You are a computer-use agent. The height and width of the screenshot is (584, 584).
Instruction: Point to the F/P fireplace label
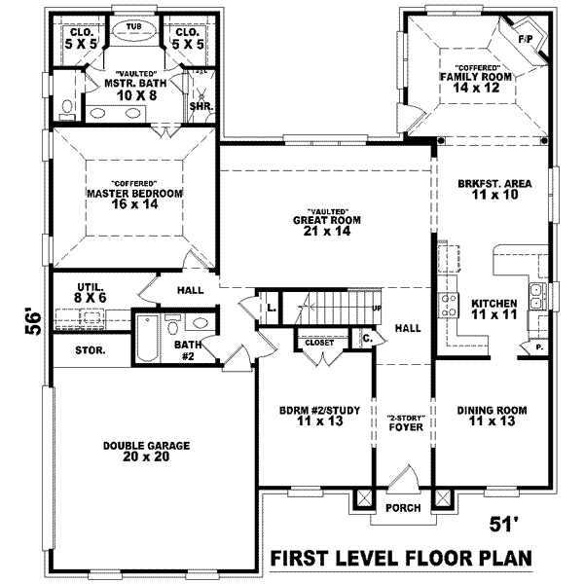(526, 40)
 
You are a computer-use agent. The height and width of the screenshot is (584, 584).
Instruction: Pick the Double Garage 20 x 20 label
(146, 451)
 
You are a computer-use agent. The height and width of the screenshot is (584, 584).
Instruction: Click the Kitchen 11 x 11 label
(493, 309)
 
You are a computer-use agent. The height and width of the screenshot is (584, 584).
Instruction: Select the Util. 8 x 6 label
(91, 293)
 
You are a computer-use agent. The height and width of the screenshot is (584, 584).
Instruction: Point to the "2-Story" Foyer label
(402, 420)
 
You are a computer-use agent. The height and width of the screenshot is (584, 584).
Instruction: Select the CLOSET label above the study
(319, 343)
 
